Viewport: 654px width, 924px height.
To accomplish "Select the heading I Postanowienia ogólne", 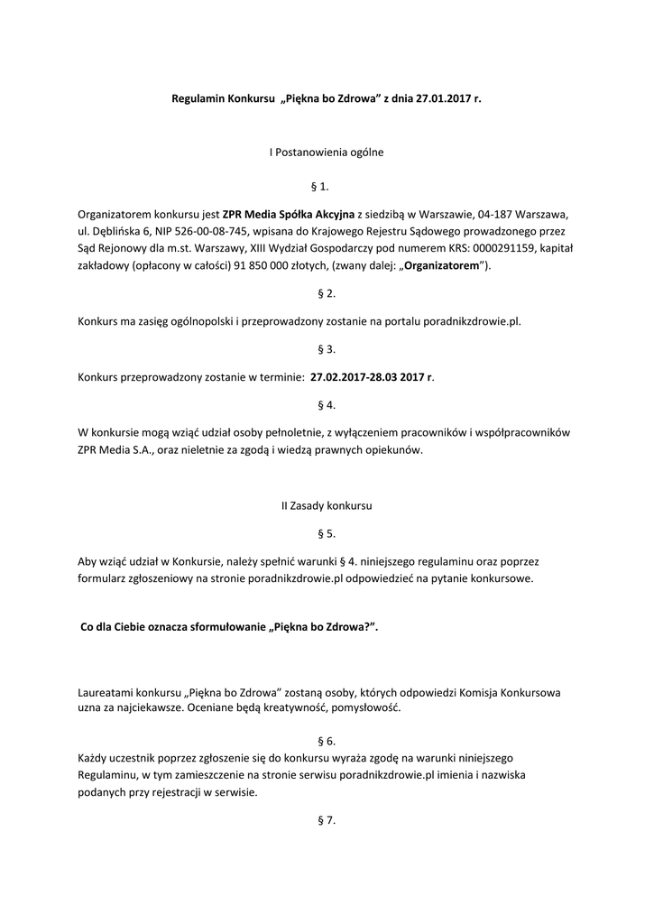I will pos(327,152).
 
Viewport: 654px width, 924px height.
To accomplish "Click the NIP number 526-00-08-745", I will pos(199,232).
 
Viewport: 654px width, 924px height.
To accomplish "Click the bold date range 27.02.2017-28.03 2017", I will pos(367,376).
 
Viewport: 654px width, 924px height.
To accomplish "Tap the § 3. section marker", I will pos(327,348).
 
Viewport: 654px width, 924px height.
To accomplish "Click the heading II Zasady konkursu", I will pos(327,506).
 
